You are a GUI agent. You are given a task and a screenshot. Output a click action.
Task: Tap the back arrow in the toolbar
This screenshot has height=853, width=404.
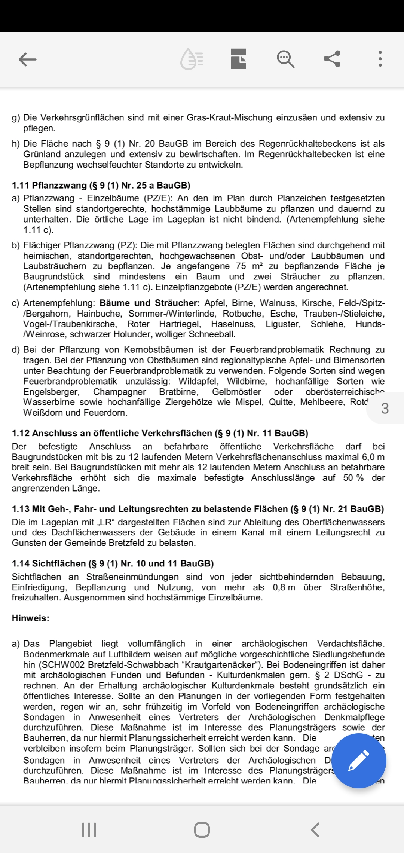pos(28,59)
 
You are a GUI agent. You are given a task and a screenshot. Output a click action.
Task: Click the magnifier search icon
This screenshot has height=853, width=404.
pos(285,59)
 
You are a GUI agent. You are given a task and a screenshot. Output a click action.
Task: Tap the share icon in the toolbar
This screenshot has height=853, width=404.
pos(332,59)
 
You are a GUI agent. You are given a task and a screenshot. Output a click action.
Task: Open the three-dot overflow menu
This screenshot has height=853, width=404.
pos(380,59)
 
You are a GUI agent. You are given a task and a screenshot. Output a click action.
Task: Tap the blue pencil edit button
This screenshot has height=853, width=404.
pos(359,761)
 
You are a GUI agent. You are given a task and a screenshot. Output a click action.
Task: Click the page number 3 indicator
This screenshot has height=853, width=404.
pos(385,408)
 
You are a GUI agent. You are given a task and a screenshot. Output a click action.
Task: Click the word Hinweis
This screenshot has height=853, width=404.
pos(30,618)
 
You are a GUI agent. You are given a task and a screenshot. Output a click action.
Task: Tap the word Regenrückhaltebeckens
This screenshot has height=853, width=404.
pos(307,144)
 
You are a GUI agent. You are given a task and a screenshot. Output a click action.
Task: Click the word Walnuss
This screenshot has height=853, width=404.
pos(280,303)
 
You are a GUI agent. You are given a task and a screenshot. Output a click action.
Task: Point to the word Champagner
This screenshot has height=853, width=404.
pos(119,392)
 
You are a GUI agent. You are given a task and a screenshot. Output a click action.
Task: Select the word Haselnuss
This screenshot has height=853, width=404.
pos(233,324)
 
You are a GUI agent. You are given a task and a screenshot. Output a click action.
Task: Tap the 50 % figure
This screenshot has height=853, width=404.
pos(353,478)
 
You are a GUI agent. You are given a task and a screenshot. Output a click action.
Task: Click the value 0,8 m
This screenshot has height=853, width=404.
pos(284,587)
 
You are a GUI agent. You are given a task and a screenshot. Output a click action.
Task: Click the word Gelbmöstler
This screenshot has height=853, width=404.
pos(236,392)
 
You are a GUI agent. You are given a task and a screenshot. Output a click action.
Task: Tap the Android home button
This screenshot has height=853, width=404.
pos(202,830)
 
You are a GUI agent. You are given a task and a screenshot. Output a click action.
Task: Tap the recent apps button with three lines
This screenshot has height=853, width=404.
pos(89,830)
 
